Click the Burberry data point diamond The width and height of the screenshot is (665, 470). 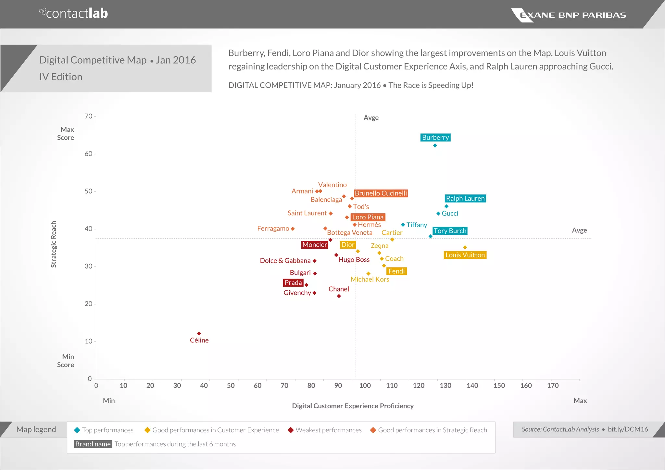[x=435, y=145]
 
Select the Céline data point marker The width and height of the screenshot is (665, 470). [x=199, y=334]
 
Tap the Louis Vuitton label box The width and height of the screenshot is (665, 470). [x=465, y=255]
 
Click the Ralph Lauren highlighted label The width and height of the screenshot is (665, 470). [x=465, y=198]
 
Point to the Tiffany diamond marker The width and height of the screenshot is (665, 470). [x=403, y=225]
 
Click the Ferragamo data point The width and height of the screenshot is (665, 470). [x=293, y=229]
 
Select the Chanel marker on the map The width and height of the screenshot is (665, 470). [x=339, y=296]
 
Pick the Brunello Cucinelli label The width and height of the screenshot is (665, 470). [x=381, y=193]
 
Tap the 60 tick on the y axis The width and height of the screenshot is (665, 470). [x=88, y=154]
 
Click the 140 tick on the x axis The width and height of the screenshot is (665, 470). [x=472, y=386]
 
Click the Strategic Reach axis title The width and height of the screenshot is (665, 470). [x=54, y=244]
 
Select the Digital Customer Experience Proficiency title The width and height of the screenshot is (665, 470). [x=353, y=406]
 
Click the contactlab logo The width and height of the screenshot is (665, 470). [x=74, y=14]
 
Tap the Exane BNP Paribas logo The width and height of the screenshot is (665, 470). [x=568, y=15]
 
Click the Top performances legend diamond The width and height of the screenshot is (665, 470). [x=77, y=430]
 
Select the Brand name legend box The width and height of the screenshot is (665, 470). [x=93, y=444]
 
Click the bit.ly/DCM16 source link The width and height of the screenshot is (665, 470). [x=628, y=429]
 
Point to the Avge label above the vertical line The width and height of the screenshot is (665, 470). [x=371, y=118]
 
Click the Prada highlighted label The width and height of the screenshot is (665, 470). [x=293, y=283]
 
